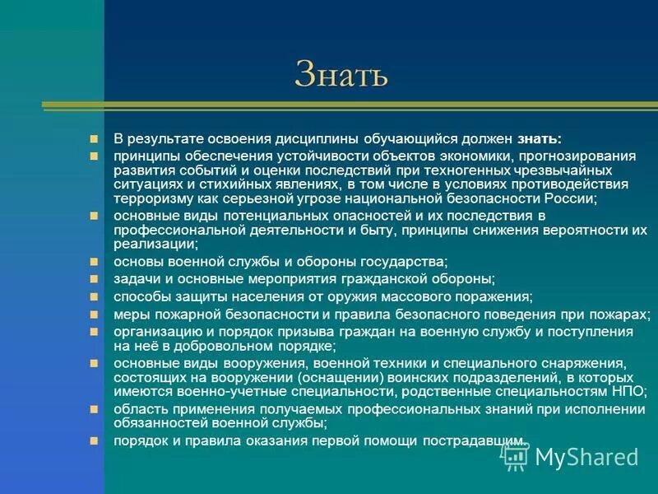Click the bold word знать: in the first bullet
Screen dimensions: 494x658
[x=540, y=139]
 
